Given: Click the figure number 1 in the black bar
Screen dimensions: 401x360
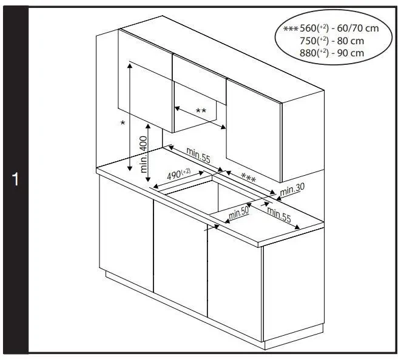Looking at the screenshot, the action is click(x=16, y=179).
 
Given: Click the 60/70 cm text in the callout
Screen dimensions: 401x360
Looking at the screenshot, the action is click(x=358, y=28).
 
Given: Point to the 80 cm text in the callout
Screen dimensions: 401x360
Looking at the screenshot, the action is click(x=351, y=41).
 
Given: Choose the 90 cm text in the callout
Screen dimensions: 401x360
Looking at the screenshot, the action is click(x=351, y=53).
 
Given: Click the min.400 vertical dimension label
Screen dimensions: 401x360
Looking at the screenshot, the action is click(x=144, y=155).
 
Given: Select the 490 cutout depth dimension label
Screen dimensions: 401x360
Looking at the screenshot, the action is click(x=179, y=174).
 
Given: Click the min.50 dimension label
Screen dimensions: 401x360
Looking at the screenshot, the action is click(x=238, y=213).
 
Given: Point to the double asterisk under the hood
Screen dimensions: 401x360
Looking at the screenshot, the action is click(x=201, y=111).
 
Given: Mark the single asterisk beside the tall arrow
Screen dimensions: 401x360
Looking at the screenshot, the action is click(x=123, y=123).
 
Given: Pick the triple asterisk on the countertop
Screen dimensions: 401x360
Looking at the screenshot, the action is click(x=248, y=178).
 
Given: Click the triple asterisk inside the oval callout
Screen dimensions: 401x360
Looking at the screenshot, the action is click(x=291, y=28).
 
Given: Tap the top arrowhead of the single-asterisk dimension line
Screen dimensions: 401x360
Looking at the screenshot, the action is click(x=130, y=65).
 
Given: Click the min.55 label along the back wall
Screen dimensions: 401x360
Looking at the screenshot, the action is click(x=198, y=155).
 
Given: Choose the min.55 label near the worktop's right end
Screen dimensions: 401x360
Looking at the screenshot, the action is click(x=279, y=214).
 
